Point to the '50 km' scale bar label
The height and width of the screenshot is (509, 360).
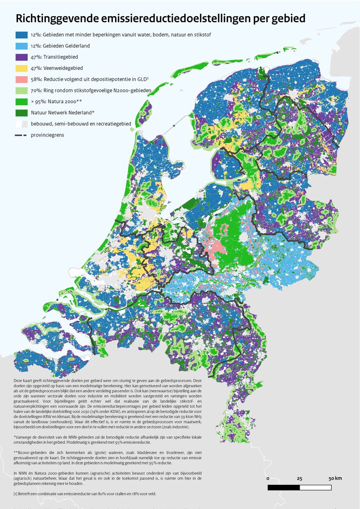[335, 478]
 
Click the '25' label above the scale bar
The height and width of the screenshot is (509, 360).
[300, 478]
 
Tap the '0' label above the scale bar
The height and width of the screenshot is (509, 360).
[268, 478]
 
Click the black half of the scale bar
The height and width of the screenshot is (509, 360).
[284, 487]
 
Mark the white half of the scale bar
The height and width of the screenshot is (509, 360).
[315, 487]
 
